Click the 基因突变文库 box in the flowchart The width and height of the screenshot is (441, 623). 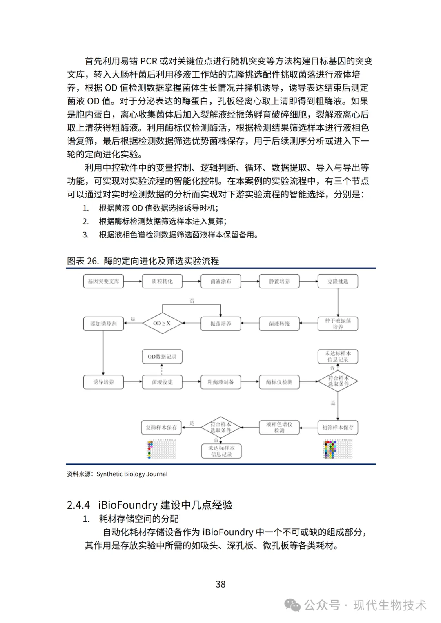coord(103,281)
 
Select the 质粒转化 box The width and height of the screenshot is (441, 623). coord(162,281)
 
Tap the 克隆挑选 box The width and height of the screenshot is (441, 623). coord(338,281)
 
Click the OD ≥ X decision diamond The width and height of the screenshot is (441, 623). coord(162,323)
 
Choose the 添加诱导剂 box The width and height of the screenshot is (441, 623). coord(103,324)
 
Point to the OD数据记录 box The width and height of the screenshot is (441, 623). coord(162,356)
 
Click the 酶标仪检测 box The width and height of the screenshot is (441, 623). coord(279,382)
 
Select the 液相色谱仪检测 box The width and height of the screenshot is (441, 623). coord(279,427)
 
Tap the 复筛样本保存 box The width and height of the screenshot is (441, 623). coord(161,427)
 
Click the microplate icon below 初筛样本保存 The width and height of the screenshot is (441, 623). coord(338,449)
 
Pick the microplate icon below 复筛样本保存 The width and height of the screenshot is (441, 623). coord(161,449)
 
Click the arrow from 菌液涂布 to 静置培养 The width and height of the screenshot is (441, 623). coord(250,281)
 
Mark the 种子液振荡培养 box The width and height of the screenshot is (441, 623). coord(338,324)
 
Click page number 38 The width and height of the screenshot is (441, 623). coord(220,584)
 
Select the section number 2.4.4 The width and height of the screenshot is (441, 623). coord(78,505)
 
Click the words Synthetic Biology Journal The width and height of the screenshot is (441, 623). coord(132,474)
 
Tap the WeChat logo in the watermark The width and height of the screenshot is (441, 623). coord(292,605)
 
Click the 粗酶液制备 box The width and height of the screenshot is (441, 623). coord(220,382)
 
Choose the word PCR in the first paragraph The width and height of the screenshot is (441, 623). coord(149,61)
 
